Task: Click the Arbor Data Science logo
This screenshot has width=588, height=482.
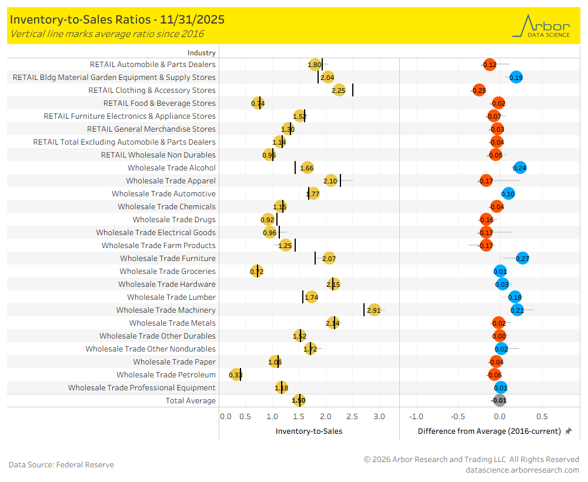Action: [x=541, y=26]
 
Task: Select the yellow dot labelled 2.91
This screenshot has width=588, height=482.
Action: [x=374, y=310]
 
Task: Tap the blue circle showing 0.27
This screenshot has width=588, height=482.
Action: [x=522, y=258]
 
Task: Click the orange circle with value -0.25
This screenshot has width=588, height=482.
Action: [x=479, y=90]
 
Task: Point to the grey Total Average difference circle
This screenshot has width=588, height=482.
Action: [x=499, y=400]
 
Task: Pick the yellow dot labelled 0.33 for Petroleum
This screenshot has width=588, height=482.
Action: [x=236, y=374]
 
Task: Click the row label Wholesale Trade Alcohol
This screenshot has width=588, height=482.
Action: [x=171, y=168]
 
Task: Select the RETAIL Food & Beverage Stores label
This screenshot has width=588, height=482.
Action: [x=159, y=103]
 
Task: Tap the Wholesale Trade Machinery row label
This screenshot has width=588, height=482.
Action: [x=166, y=310]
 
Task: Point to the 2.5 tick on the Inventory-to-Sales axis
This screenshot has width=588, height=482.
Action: [x=352, y=416]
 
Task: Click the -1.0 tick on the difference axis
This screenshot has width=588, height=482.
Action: [x=416, y=416]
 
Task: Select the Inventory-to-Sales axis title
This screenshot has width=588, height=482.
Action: [x=309, y=431]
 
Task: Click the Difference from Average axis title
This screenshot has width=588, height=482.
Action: [x=489, y=431]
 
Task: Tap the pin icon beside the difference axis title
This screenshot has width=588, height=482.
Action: [x=568, y=431]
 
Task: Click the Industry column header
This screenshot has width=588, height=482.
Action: [x=202, y=52]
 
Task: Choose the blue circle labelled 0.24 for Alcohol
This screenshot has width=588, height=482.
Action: [x=520, y=168]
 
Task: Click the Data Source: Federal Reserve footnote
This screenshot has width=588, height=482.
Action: [x=61, y=464]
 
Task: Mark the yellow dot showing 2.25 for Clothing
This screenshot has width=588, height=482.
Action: [x=339, y=90]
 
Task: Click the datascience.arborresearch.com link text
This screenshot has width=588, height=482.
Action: [x=522, y=470]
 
